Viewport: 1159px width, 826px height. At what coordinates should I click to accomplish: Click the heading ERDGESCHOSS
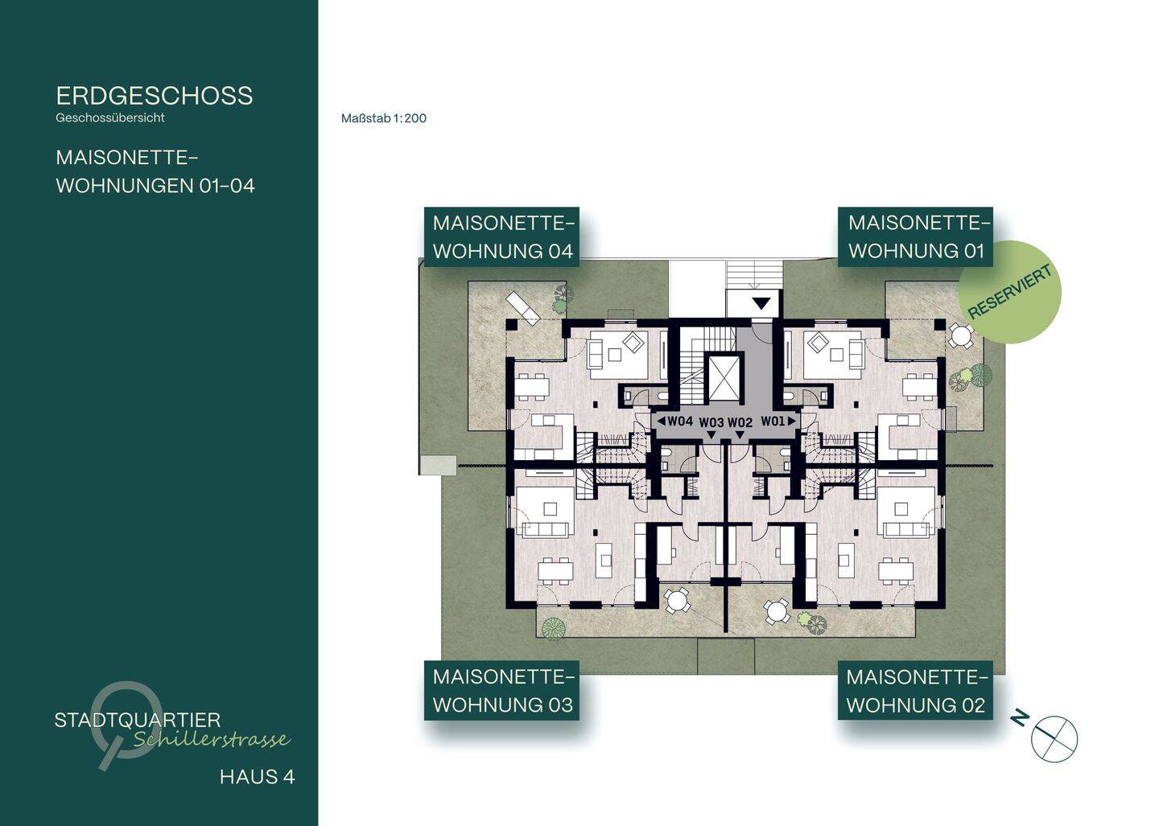[x=155, y=96]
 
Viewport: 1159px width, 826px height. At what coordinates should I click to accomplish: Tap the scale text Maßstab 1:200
[x=384, y=118]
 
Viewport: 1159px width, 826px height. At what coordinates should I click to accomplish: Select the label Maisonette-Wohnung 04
[x=501, y=237]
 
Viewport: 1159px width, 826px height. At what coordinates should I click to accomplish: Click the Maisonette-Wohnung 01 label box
[x=915, y=237]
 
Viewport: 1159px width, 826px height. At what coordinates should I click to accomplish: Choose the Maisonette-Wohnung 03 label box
[x=501, y=691]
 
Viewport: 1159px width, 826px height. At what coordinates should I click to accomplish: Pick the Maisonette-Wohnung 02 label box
[x=915, y=691]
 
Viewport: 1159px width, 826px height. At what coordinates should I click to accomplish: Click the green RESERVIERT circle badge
[x=1009, y=292]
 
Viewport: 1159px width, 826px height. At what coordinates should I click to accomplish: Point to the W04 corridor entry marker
[x=674, y=421]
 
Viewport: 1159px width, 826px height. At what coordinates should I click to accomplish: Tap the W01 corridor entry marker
[x=778, y=421]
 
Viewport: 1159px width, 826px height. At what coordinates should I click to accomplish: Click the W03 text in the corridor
[x=711, y=422]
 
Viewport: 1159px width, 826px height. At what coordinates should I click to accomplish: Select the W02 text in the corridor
[x=740, y=422]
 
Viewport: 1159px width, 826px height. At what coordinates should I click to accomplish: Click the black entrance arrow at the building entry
[x=761, y=303]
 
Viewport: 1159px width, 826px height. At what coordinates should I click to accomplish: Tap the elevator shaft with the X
[x=725, y=378]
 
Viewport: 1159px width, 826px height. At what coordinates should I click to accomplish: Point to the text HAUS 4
[x=258, y=777]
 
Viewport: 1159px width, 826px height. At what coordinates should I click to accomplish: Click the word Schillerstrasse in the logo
[x=212, y=740]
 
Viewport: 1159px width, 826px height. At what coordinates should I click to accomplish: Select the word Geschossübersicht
[x=110, y=118]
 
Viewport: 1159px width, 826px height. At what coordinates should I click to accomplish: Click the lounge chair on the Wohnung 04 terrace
[x=522, y=306]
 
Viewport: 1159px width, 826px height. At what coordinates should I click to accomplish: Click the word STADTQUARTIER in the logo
[x=138, y=720]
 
